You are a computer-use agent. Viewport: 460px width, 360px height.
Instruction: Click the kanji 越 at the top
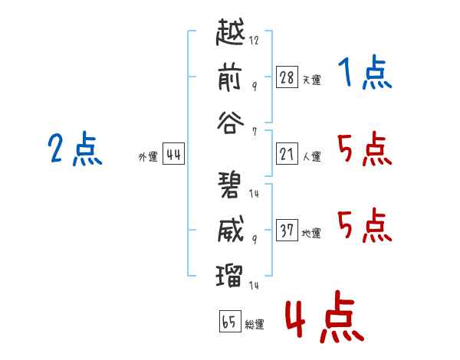pos(230,34)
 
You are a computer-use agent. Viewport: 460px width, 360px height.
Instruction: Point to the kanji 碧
pos(230,185)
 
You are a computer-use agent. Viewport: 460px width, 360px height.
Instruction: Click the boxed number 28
pos(287,77)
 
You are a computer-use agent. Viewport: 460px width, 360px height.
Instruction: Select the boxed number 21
pos(287,155)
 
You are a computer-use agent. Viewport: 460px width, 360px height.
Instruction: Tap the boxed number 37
pos(287,231)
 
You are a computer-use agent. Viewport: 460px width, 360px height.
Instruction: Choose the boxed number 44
pos(172,155)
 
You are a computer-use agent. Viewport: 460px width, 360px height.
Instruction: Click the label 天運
pos(311,79)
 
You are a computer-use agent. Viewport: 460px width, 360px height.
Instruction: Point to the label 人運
pos(311,157)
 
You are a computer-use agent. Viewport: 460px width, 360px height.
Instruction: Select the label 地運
pos(311,233)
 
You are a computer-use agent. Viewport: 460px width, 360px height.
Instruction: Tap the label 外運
pos(148,157)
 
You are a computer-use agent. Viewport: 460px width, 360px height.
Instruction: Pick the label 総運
pos(255,324)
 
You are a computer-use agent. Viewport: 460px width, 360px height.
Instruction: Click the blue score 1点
pos(364,74)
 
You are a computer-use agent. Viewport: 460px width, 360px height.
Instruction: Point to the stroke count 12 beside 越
pos(255,41)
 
